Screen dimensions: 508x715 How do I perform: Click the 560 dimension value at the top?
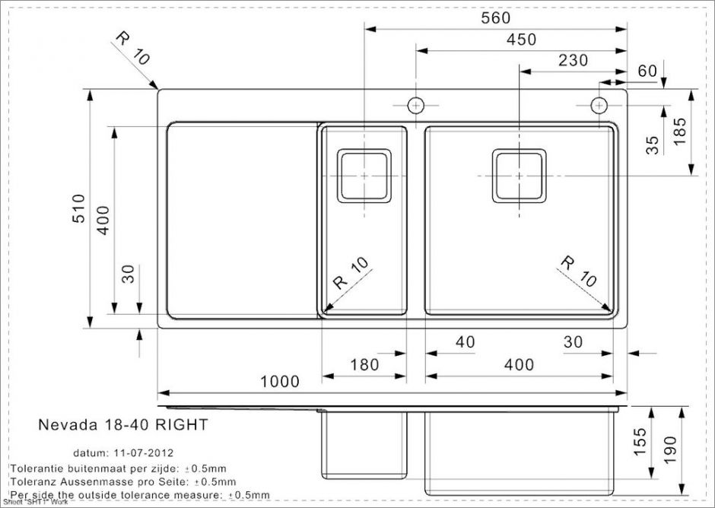(x=495, y=17)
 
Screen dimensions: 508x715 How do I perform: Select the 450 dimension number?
(x=521, y=40)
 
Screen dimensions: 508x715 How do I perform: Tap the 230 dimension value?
(x=573, y=60)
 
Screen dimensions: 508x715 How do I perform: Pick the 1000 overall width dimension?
(x=280, y=382)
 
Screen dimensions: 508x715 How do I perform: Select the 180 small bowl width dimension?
(x=364, y=365)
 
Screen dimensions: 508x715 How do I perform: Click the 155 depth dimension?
(x=640, y=443)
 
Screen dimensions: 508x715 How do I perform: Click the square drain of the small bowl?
(x=364, y=175)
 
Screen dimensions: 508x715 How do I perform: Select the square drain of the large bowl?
(x=519, y=175)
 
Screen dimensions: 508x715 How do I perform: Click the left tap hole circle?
(x=416, y=104)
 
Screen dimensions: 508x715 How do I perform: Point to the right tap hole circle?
(x=599, y=104)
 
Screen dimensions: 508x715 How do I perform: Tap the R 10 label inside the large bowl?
(x=578, y=271)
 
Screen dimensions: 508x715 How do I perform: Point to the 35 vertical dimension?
(x=653, y=144)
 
